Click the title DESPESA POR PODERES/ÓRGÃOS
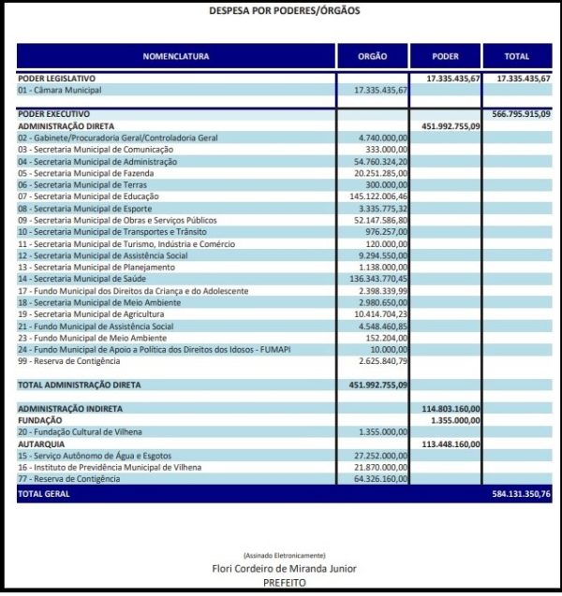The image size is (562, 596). coord(283,11)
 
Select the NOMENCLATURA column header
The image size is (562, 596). coord(176,56)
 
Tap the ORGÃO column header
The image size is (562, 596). coord(372,56)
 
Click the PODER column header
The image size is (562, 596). coord(446,56)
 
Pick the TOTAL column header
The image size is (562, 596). coord(517,56)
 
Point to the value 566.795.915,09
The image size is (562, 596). coord(521,113)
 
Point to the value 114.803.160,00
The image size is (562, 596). coord(451,409)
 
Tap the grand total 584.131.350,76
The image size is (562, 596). coord(521,493)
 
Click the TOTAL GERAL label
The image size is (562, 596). coord(44,493)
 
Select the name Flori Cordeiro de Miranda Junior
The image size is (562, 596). coord(284,568)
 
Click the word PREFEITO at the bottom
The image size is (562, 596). coord(284,582)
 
